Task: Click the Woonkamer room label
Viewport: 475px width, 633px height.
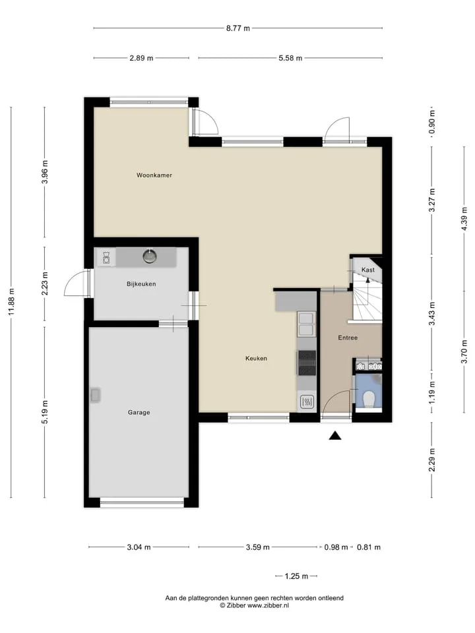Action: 154,175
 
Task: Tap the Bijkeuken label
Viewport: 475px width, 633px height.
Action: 141,284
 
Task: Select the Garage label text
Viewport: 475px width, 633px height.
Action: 139,412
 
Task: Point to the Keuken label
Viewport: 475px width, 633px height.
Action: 256,358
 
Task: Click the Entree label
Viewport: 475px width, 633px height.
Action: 348,338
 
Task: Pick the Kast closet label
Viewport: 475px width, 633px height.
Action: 368,270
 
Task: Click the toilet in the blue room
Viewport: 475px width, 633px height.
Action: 369,400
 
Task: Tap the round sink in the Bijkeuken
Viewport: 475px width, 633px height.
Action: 150,256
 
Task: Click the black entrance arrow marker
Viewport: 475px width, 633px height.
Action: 335,435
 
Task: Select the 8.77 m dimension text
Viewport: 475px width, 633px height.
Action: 238,28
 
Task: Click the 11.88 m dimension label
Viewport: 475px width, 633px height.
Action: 11,302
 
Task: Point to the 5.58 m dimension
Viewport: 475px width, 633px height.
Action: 290,58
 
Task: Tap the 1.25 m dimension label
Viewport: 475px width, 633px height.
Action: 296,576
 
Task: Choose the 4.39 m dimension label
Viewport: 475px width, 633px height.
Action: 464,218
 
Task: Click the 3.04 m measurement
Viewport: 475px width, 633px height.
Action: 139,547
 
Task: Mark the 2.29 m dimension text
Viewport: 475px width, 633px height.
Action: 432,460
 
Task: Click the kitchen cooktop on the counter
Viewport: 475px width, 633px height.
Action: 307,363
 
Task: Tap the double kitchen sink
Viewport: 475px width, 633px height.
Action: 306,324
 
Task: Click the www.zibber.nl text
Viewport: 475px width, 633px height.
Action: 268,605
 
